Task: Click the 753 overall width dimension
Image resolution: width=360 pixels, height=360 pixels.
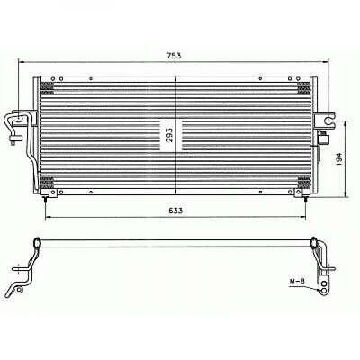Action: [175, 56]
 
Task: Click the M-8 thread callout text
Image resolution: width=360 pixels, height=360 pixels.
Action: [297, 282]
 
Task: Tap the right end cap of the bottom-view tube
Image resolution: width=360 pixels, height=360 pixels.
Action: [314, 243]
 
